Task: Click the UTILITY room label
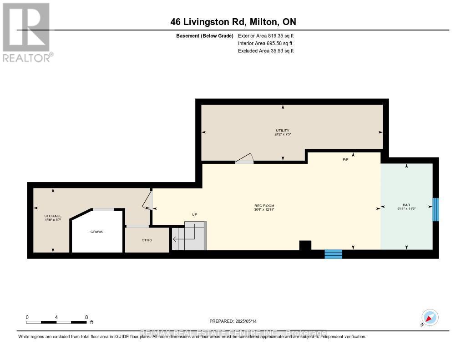click(282, 131)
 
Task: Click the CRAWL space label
click(97, 232)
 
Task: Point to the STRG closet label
click(147, 239)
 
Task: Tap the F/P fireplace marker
click(345, 160)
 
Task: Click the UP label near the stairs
click(194, 214)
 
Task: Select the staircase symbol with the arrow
click(189, 236)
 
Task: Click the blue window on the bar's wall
click(435, 209)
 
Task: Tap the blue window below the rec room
click(333, 254)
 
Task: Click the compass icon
click(430, 317)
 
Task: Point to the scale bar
click(56, 322)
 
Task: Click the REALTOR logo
click(27, 32)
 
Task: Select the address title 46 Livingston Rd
click(233, 22)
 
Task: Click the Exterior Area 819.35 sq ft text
click(266, 35)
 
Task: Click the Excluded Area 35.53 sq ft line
click(266, 51)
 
